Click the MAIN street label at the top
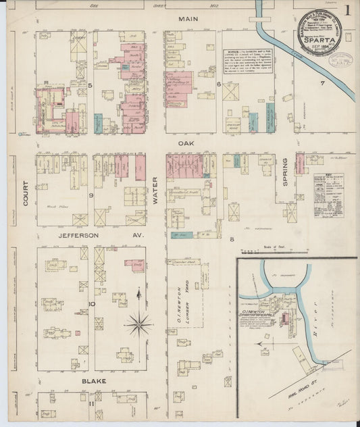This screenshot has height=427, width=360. point(187,20)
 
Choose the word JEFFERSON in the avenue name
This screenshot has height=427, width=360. point(74,235)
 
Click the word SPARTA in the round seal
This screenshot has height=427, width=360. point(317,39)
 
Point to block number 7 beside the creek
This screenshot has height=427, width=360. point(323,83)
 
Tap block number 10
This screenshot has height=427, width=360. point(91,303)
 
